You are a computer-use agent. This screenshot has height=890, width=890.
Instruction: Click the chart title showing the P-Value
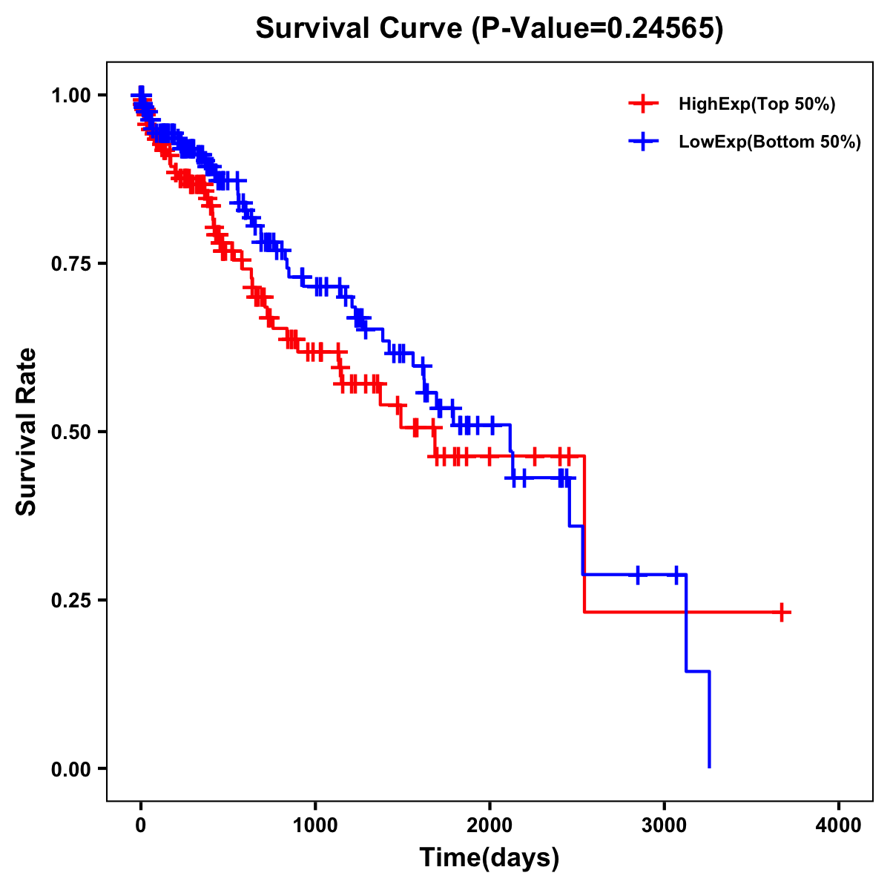click(489, 29)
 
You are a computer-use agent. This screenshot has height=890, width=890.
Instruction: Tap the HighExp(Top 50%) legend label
click(756, 105)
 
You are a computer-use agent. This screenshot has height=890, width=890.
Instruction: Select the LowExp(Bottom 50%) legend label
click(770, 142)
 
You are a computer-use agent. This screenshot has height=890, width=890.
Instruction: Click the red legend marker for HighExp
click(643, 105)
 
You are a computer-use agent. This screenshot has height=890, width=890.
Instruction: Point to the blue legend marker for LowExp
click(643, 142)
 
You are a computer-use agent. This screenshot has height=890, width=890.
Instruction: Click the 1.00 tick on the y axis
click(70, 96)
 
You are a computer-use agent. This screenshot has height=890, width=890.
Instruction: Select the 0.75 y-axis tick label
click(70, 264)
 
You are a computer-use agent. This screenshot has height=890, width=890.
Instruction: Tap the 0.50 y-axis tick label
click(70, 432)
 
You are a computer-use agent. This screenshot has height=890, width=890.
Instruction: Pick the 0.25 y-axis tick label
click(70, 601)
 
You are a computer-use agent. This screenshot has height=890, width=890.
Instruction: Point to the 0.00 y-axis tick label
click(70, 769)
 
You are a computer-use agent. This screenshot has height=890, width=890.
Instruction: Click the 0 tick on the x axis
click(141, 825)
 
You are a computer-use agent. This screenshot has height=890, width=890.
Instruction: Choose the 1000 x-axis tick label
click(315, 825)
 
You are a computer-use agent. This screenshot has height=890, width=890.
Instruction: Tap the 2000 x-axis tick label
click(489, 825)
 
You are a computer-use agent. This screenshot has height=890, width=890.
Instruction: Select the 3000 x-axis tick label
click(665, 825)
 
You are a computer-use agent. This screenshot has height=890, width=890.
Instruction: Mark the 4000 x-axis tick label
click(839, 825)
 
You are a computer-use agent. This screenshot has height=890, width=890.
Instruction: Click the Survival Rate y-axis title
click(27, 432)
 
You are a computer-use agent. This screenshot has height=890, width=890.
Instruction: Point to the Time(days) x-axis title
click(489, 858)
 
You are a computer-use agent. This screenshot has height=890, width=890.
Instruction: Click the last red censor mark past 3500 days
click(782, 612)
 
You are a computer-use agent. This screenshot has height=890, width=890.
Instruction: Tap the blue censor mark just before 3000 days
click(638, 575)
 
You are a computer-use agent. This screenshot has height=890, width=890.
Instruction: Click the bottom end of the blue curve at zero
click(709, 766)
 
